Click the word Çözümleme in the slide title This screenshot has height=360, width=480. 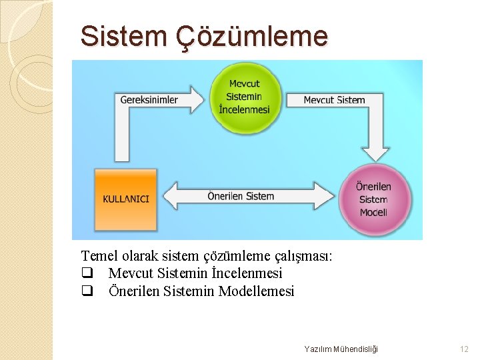[251, 36]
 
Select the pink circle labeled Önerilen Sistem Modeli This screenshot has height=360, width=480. [373, 198]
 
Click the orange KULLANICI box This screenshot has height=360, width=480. [126, 199]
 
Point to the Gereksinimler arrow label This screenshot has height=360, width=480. [149, 100]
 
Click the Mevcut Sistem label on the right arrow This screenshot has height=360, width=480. [334, 100]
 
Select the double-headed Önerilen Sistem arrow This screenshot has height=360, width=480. [241, 196]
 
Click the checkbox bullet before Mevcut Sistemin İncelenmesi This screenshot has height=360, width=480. [86, 273]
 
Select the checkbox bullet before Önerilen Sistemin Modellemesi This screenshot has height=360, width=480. [86, 291]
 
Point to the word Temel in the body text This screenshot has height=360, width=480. [98, 255]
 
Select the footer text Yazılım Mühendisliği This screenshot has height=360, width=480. [341, 349]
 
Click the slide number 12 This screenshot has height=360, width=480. [464, 349]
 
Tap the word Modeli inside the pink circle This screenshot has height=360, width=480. [373, 212]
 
